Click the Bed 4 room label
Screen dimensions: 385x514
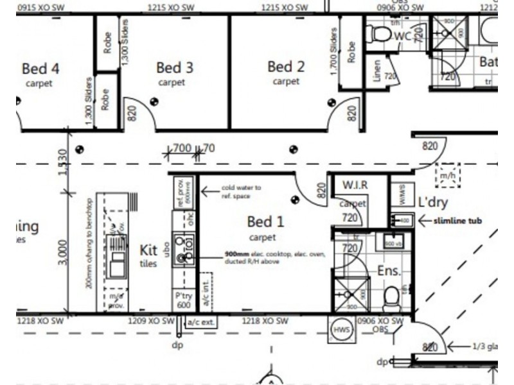[x=40, y=68]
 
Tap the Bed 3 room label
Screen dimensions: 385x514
[x=175, y=67]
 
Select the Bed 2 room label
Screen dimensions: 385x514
[x=286, y=67]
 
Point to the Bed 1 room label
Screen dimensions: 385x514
[x=265, y=222]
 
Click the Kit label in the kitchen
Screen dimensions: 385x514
[x=149, y=250]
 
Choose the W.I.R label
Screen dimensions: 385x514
[x=355, y=185]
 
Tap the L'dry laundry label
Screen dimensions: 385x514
[x=432, y=202]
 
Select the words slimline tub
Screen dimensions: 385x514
[x=457, y=221]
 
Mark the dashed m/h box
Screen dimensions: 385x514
[x=447, y=174]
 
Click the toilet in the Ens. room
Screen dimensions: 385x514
[x=391, y=296]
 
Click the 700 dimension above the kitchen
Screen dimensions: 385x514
[x=182, y=149]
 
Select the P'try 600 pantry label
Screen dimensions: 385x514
[x=184, y=300]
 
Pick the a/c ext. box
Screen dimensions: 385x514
[x=199, y=321]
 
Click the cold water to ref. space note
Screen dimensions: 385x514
[x=241, y=191]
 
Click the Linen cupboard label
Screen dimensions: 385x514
[x=376, y=71]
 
